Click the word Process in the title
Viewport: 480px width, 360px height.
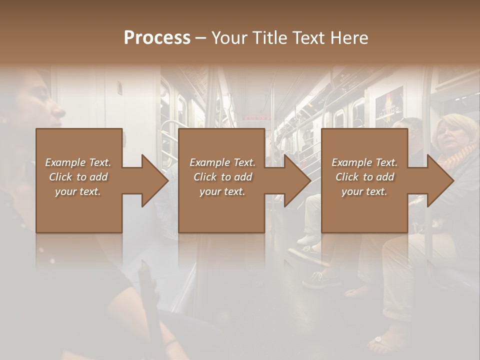click(157, 38)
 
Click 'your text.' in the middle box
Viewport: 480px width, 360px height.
click(222, 191)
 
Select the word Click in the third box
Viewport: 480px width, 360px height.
click(346, 177)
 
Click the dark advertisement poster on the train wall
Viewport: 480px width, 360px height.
click(389, 105)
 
